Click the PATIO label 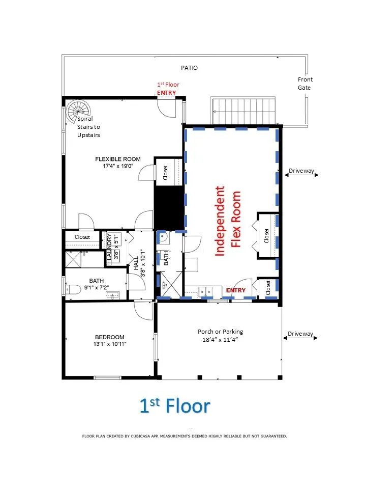pyautogui.click(x=189, y=68)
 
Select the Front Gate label pyautogui.click(x=304, y=84)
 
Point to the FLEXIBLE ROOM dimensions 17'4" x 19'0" pyautogui.click(x=118, y=166)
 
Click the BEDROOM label pyautogui.click(x=110, y=337)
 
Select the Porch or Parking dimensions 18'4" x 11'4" pyautogui.click(x=220, y=340)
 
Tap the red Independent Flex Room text pyautogui.click(x=228, y=221)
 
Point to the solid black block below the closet pyautogui.click(x=170, y=208)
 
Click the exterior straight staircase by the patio pyautogui.click(x=243, y=111)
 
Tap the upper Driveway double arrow pyautogui.click(x=301, y=175)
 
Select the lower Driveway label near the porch pyautogui.click(x=300, y=334)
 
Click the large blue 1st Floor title pyautogui.click(x=175, y=406)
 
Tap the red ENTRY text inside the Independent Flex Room pyautogui.click(x=235, y=290)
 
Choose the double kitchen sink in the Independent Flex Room pyautogui.click(x=205, y=291)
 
